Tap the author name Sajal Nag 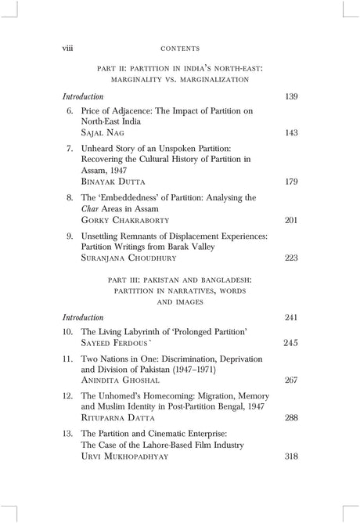click(103, 133)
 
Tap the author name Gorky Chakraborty click(124, 220)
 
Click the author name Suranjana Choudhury click(131, 258)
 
